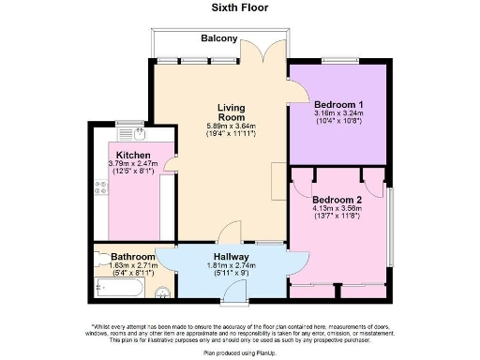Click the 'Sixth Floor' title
[240, 7]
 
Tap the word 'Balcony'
[218, 38]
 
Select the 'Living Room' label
[231, 112]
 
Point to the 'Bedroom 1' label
[338, 103]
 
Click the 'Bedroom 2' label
[337, 199]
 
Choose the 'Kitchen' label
[134, 156]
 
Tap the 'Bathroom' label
[132, 257]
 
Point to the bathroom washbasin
[161, 291]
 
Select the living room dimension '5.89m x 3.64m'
[231, 126]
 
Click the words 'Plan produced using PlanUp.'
[240, 353]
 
